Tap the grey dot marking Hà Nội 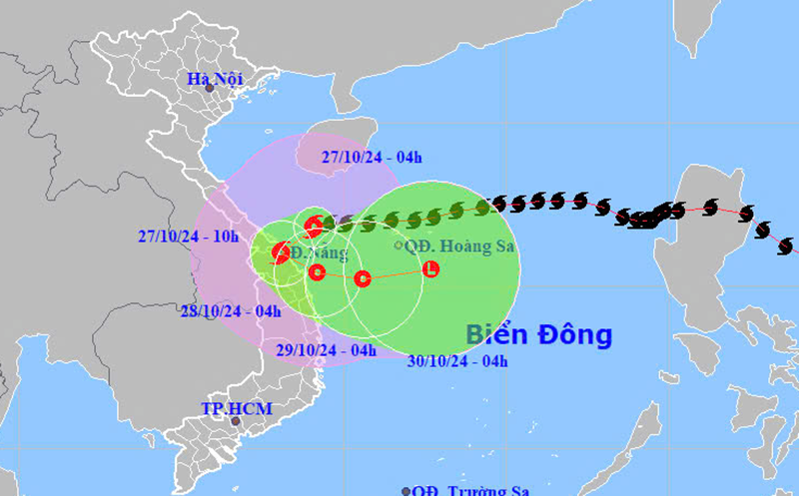tap(210, 89)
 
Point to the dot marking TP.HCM tap(236, 421)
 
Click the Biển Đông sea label tap(539, 335)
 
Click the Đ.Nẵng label tap(321, 251)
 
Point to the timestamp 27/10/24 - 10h tap(189, 237)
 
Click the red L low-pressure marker tap(430, 268)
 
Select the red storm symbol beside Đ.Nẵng tap(282, 253)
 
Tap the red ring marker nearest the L tap(363, 278)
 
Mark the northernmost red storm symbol tap(314, 227)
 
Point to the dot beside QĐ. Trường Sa tap(406, 490)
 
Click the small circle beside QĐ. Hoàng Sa tap(399, 246)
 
